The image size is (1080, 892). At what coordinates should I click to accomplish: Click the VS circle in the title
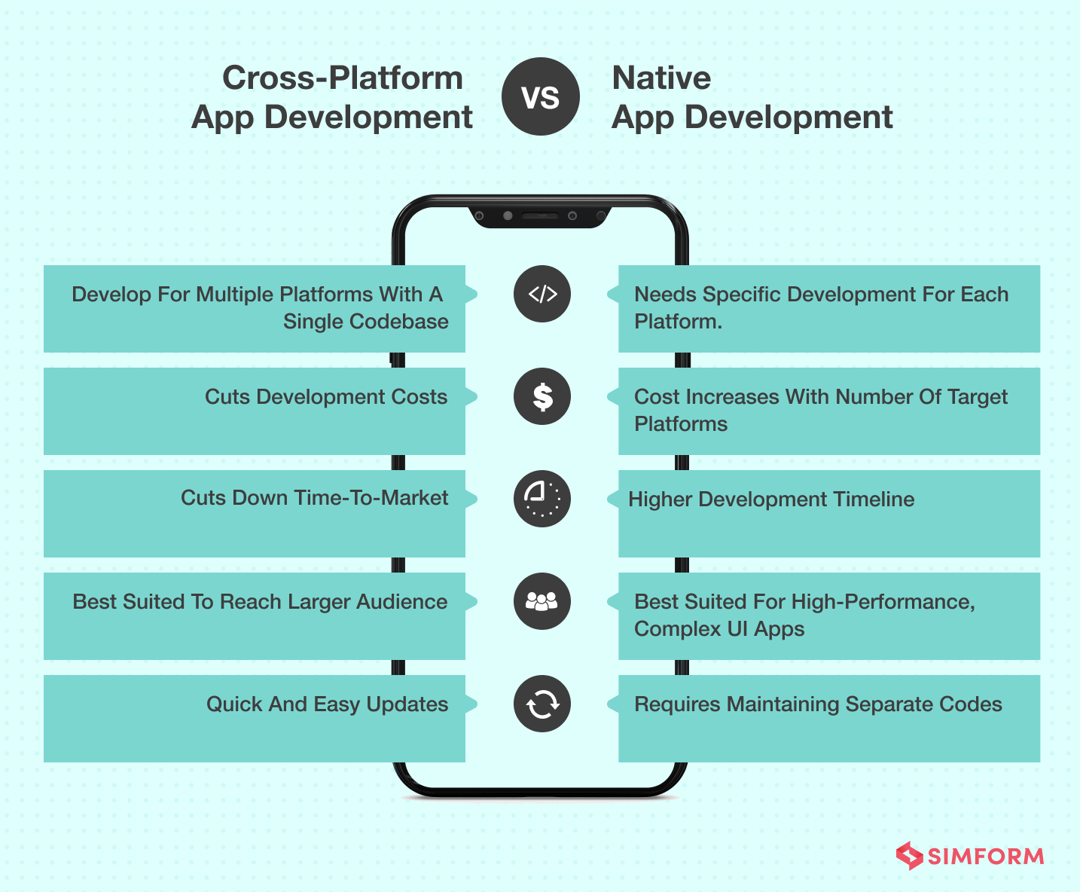pyautogui.click(x=541, y=96)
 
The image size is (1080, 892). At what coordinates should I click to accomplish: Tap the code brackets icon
pyautogui.click(x=542, y=294)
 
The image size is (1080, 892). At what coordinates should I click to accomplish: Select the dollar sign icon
pyautogui.click(x=542, y=396)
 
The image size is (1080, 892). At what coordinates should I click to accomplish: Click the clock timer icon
pyautogui.click(x=542, y=499)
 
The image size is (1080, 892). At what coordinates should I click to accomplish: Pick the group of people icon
pyautogui.click(x=542, y=601)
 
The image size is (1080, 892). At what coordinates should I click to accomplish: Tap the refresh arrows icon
pyautogui.click(x=542, y=704)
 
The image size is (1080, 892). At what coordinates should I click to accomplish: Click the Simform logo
pyautogui.click(x=970, y=856)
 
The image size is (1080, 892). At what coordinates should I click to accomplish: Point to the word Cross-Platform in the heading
pyautogui.click(x=343, y=78)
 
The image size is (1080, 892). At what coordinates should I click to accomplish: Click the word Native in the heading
pyautogui.click(x=661, y=78)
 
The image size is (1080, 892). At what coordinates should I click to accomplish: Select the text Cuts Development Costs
pyautogui.click(x=326, y=397)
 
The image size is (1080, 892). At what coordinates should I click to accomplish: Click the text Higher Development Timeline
pyautogui.click(x=771, y=499)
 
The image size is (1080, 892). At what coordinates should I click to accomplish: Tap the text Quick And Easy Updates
pyautogui.click(x=328, y=704)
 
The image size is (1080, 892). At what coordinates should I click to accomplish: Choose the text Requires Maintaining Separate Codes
pyautogui.click(x=818, y=704)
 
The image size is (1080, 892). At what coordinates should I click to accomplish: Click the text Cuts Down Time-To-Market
pyautogui.click(x=315, y=498)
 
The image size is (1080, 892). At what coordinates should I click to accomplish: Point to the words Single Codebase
pyautogui.click(x=366, y=321)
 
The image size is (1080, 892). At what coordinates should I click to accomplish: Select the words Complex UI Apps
pyautogui.click(x=719, y=629)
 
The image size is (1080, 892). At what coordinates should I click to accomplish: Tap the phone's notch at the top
pyautogui.click(x=539, y=217)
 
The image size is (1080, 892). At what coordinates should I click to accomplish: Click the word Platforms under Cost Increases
pyautogui.click(x=681, y=424)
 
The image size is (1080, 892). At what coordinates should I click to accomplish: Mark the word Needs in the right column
pyautogui.click(x=665, y=295)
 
